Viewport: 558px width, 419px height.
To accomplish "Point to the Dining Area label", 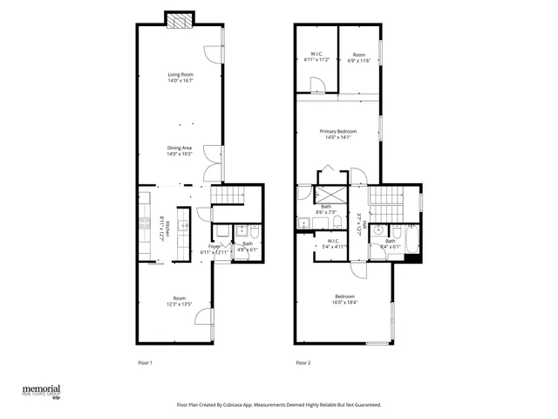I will pyautogui.click(x=180, y=150).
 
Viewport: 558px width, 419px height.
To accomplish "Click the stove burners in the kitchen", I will pyautogui.click(x=142, y=231).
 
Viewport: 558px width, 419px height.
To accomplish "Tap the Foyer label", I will pyautogui.click(x=214, y=249).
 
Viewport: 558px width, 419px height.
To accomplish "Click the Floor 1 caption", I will pyautogui.click(x=145, y=362).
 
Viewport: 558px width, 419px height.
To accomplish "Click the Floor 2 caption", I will pyautogui.click(x=303, y=362).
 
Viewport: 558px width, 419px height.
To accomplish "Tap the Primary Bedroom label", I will pyautogui.click(x=337, y=134).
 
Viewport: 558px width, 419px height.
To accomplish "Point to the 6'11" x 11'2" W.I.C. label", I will pyautogui.click(x=315, y=58).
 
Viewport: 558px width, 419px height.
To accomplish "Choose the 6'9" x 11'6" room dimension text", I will pyautogui.click(x=359, y=58).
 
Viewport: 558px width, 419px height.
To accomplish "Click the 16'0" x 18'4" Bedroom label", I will pyautogui.click(x=343, y=299).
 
